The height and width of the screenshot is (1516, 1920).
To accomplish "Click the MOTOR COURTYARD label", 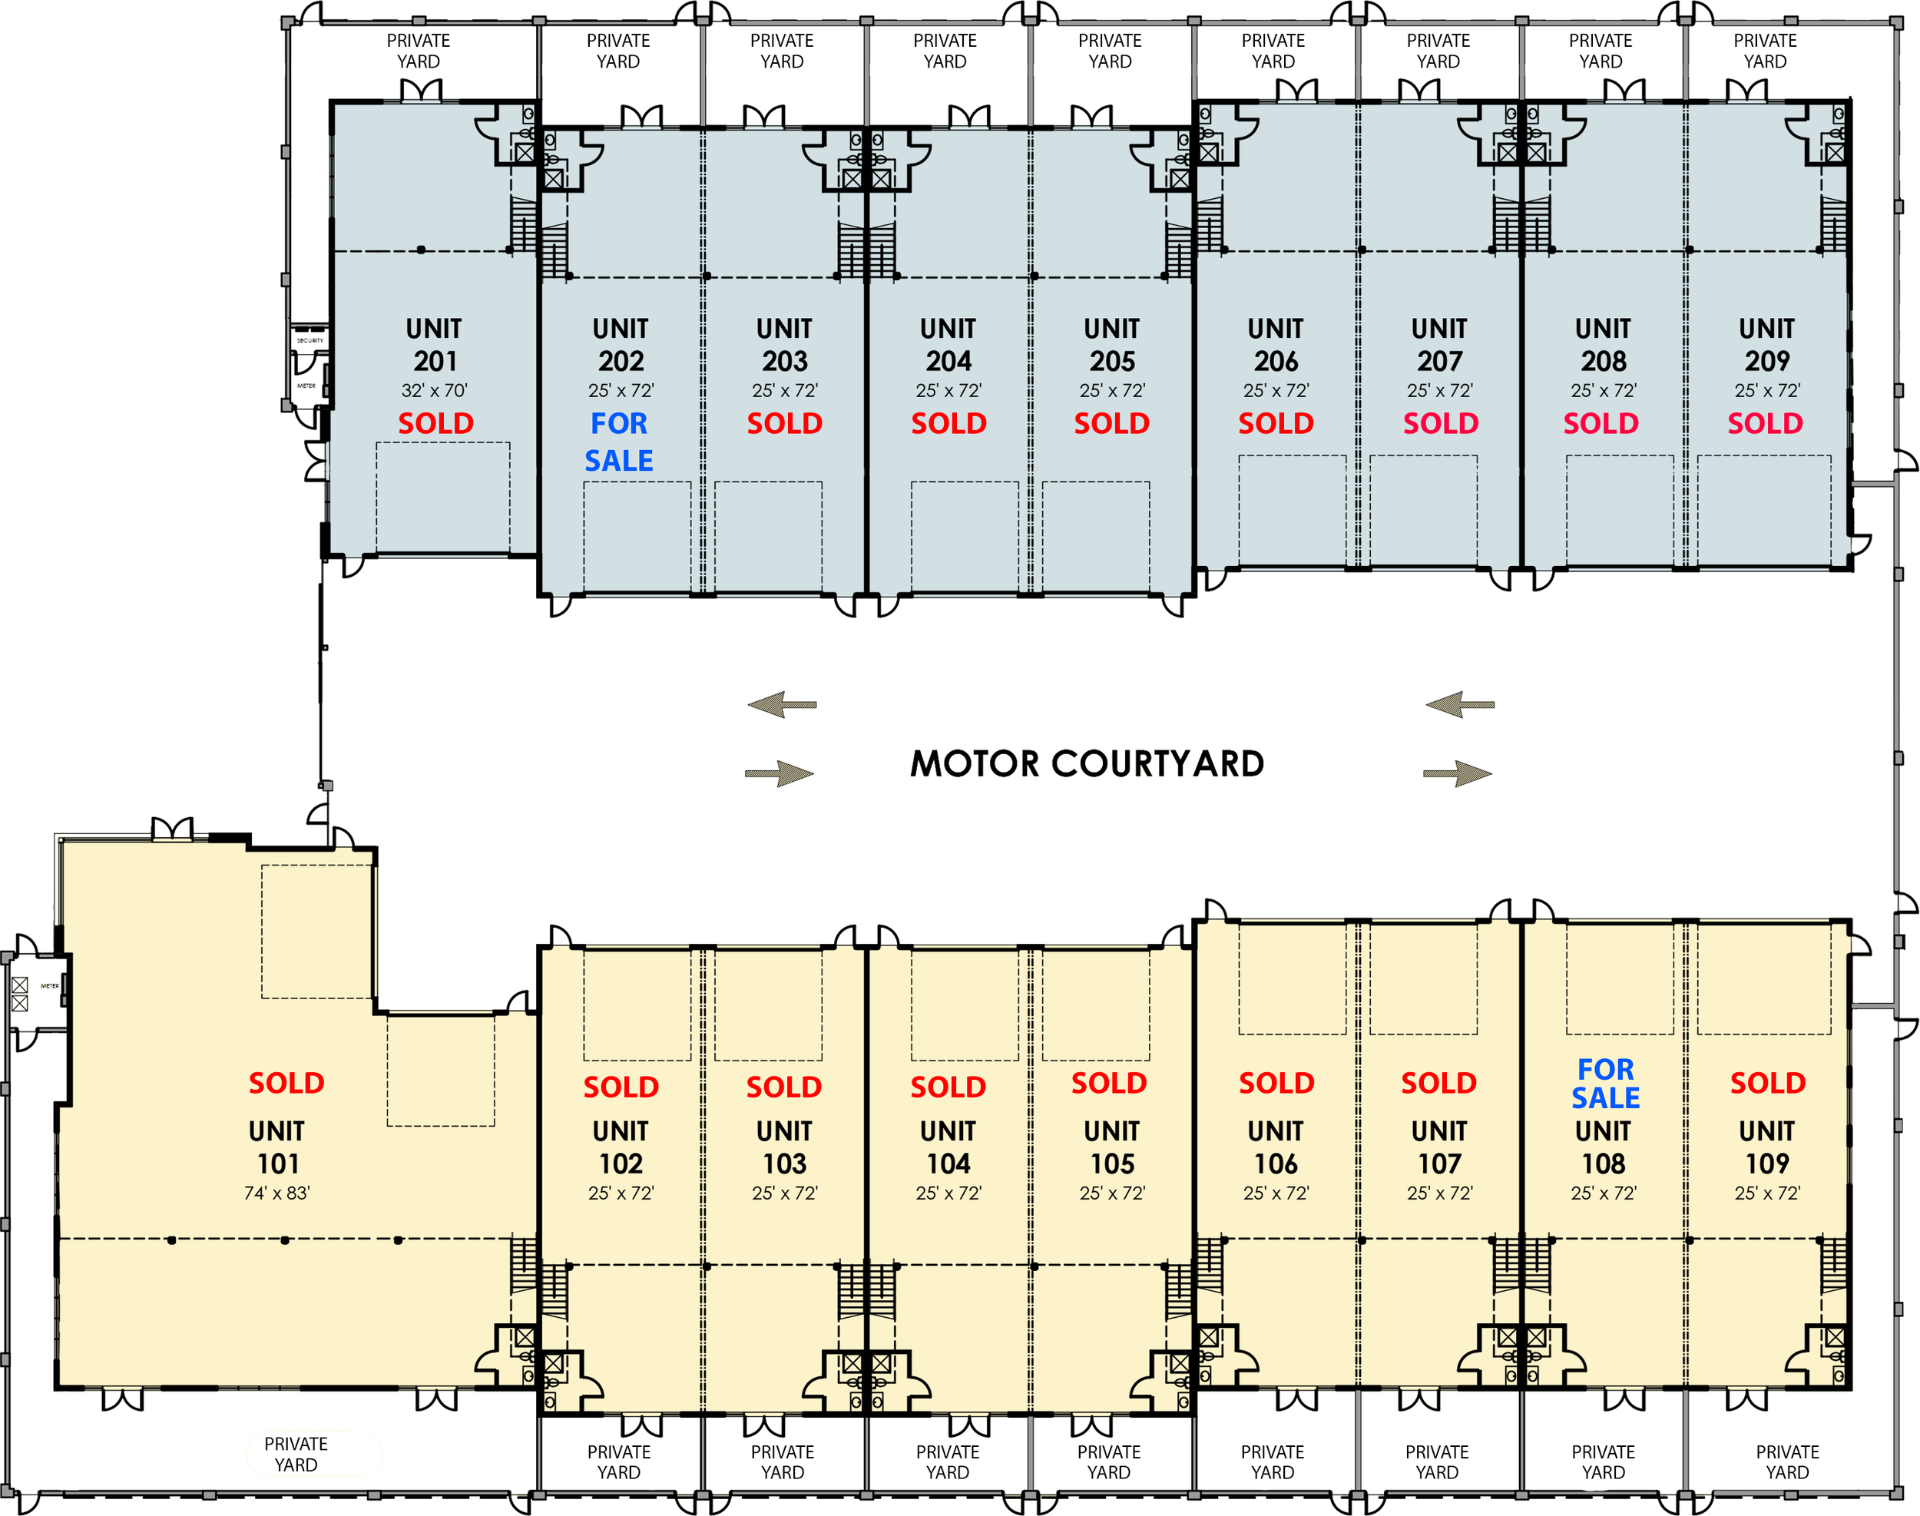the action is click(1087, 764).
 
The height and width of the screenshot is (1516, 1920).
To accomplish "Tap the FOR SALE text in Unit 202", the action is click(619, 442).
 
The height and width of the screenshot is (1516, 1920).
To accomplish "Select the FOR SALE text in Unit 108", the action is click(1605, 1084).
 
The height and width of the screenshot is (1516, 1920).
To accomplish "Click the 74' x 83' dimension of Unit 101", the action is click(277, 1193).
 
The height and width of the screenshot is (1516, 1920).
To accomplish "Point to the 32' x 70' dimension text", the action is click(434, 391).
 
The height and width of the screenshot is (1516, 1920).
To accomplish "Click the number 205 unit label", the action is click(1112, 361).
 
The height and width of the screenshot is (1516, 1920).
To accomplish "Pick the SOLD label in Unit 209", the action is click(1765, 423).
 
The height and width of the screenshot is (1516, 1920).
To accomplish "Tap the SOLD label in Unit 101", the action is click(286, 1083).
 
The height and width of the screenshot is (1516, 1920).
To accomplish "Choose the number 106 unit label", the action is click(1276, 1163).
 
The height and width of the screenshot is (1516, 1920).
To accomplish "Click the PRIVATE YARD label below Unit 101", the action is click(296, 1454).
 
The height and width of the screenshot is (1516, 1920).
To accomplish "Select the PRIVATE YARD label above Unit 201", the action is click(418, 51).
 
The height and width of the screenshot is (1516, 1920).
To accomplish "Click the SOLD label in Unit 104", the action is click(948, 1087).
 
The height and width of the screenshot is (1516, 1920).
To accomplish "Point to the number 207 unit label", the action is click(1439, 361).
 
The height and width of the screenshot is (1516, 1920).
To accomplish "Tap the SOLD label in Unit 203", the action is click(784, 423).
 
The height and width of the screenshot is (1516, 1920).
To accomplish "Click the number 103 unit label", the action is click(785, 1163).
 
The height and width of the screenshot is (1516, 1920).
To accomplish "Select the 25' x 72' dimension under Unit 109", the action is click(1766, 1193).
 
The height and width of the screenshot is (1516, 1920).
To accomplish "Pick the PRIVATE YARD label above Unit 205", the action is click(1110, 51).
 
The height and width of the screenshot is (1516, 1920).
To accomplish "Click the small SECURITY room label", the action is click(310, 341).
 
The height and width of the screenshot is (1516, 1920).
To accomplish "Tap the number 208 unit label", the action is click(1603, 361).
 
